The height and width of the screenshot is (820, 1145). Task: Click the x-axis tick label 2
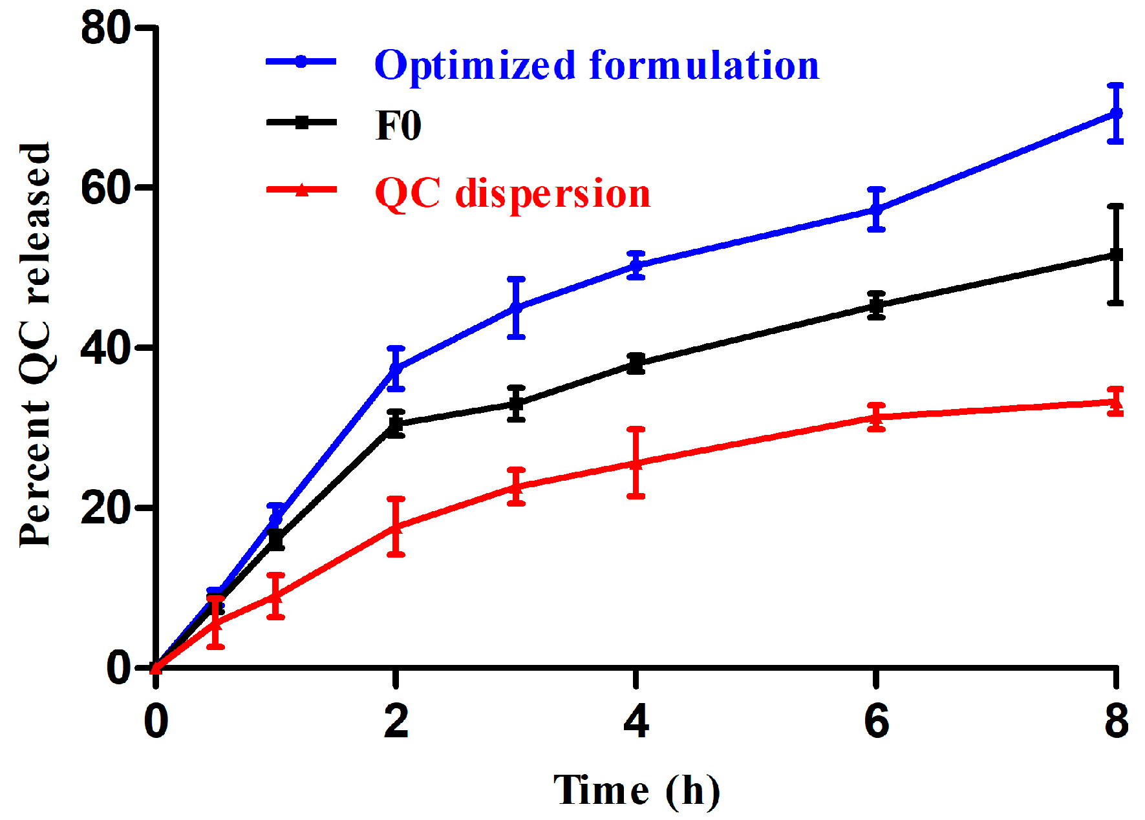[x=396, y=721]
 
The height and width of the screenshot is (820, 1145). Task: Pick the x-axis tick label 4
[x=636, y=721]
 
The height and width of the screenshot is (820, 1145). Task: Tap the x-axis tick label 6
[x=876, y=721]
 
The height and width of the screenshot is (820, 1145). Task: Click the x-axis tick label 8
[x=1117, y=721]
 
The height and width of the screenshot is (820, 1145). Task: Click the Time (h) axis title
[x=636, y=790]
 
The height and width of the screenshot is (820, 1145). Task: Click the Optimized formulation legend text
[x=596, y=65]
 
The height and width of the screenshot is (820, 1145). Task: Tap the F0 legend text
[x=398, y=125]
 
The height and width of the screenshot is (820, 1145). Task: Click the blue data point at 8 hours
[x=1116, y=114]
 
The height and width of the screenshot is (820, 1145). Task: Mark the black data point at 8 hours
[x=1116, y=255]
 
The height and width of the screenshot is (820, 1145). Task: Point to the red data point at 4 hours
[x=636, y=463]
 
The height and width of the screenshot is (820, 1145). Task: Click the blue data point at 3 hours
[x=516, y=308]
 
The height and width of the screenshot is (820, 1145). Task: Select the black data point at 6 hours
[x=876, y=306]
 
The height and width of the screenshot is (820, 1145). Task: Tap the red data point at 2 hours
[x=396, y=527]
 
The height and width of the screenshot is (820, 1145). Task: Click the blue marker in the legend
[x=301, y=62]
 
